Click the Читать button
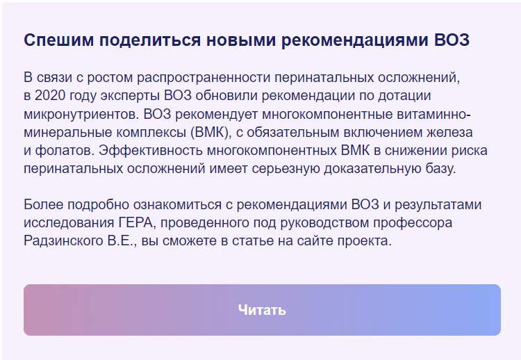point(262,310)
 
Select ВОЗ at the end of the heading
point(452,40)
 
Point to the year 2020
point(50,95)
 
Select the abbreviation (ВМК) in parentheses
point(210,132)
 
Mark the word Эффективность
point(151,150)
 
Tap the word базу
point(441,168)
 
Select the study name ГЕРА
point(135,223)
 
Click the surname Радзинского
point(63,241)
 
